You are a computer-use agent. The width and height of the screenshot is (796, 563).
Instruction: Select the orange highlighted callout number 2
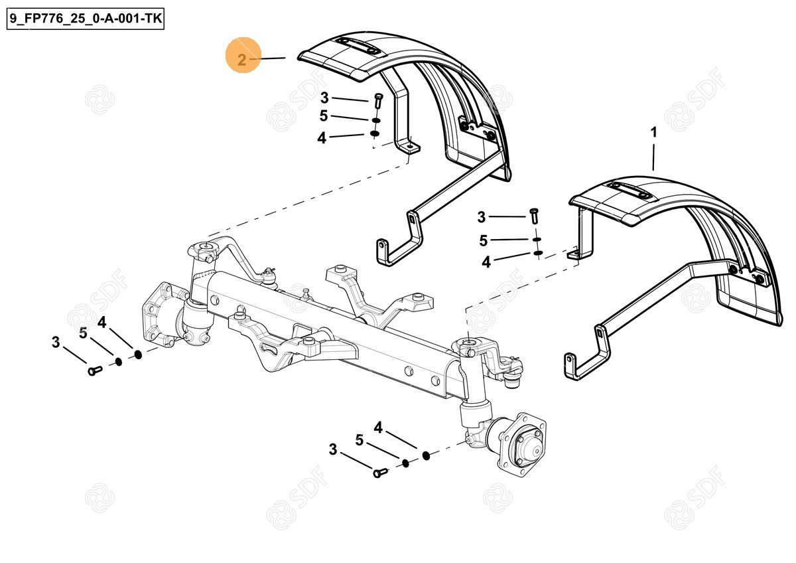tap(242, 60)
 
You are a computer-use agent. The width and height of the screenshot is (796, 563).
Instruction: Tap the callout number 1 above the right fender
tap(653, 133)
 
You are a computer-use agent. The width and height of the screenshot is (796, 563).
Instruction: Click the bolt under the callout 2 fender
tap(377, 100)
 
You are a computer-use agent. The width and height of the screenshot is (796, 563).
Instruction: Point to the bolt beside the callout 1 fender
tap(535, 216)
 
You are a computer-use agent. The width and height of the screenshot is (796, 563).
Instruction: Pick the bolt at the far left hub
tap(94, 371)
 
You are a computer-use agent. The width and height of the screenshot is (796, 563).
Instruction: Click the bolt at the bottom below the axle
tap(380, 473)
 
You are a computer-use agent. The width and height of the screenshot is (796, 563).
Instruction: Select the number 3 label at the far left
tap(56, 343)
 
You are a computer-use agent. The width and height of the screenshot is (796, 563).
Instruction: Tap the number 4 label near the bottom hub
tap(378, 428)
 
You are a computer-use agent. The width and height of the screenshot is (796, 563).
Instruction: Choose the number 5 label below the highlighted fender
tap(324, 116)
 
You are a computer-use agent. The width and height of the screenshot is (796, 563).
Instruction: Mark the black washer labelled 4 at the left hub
tap(138, 354)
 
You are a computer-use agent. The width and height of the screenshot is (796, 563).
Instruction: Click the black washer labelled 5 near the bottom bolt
tap(405, 462)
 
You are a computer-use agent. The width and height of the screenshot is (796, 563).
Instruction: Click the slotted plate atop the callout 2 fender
tap(356, 47)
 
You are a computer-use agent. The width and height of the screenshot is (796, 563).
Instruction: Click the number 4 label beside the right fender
tap(486, 262)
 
